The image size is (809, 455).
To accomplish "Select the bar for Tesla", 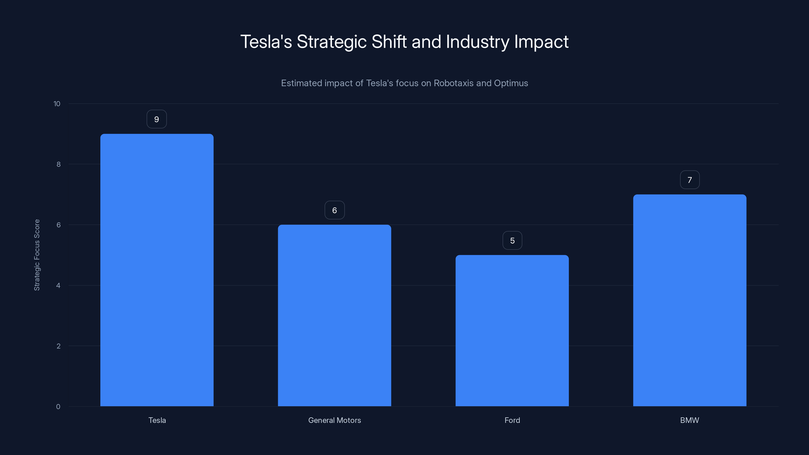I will click(x=157, y=270).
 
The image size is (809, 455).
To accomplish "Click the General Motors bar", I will click(x=334, y=315).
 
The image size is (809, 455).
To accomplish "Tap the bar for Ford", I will click(x=512, y=330).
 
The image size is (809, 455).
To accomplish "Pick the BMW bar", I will click(x=690, y=300).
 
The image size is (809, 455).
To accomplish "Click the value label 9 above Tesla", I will click(x=157, y=119).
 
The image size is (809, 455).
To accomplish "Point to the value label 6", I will click(x=334, y=210).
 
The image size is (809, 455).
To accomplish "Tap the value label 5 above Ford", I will click(x=512, y=241).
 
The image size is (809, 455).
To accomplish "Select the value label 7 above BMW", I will click(x=690, y=180).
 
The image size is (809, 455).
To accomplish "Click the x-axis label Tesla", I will click(x=157, y=420).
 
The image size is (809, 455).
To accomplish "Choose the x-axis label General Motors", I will click(x=334, y=420).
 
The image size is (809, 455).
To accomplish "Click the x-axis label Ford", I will click(x=512, y=420).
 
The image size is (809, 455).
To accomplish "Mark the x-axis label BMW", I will click(x=690, y=420).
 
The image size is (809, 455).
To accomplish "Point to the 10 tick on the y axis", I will click(x=57, y=104).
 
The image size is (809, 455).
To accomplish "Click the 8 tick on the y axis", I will click(x=58, y=164).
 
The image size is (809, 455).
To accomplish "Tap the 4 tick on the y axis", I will click(x=58, y=285).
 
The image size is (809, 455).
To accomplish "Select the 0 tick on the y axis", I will click(x=58, y=407).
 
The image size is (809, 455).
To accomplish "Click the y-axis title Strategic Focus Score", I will click(x=37, y=255).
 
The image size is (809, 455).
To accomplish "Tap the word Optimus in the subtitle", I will click(x=511, y=83).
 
